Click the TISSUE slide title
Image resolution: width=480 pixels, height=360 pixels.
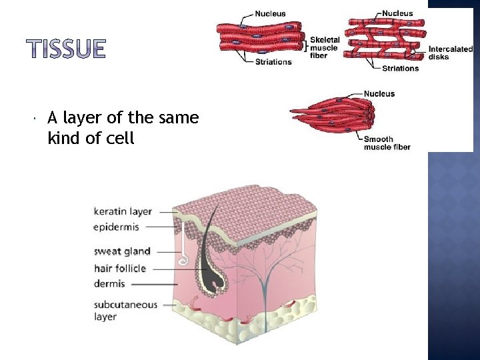coord(66,49)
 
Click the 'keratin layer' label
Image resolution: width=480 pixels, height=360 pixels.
coord(123,211)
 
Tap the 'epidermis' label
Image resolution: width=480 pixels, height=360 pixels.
coord(117,227)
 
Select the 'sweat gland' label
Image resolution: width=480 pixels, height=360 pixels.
coord(122,251)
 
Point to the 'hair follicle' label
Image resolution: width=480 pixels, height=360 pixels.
coord(120,269)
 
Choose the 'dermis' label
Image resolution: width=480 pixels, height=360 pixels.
coord(109,284)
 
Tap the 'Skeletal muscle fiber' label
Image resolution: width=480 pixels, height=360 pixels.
coord(325,47)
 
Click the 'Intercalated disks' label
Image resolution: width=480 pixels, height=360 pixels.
coord(450,53)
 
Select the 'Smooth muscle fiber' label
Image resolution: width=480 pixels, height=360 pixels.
coord(387,143)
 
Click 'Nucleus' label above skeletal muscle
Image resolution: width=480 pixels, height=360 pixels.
coord(271,13)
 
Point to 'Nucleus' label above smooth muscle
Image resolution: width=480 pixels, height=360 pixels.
coord(379,94)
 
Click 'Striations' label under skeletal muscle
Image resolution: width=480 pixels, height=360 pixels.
coord(273,62)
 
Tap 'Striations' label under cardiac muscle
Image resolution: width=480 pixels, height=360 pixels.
coord(401,68)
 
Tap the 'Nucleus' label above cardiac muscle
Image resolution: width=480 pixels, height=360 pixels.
coord(397,13)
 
